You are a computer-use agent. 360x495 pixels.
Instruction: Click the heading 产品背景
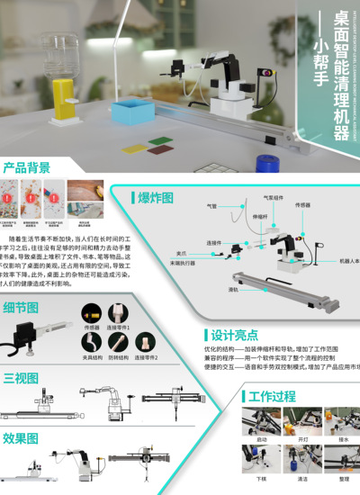pos(26,166)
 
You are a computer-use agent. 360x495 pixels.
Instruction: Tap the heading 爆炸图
pos(155,198)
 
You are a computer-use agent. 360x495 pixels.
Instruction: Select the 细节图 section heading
pos(21,307)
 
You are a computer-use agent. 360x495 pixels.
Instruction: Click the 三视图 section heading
pos(21,377)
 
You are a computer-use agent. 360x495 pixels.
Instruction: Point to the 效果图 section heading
pos(21,438)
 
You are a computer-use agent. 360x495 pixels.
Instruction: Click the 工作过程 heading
pos(272,396)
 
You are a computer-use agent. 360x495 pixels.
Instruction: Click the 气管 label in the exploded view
pos(212,206)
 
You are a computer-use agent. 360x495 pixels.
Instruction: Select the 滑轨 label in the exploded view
pos(233,289)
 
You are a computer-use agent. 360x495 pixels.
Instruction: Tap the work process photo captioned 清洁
pos(301,463)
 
